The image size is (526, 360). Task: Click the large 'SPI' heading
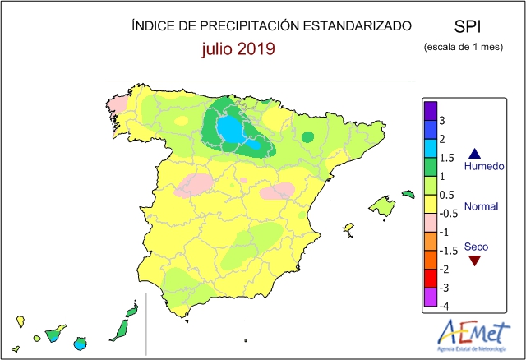[468, 26]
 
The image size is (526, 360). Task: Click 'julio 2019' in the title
[238, 48]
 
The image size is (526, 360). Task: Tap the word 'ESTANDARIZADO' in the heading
[358, 26]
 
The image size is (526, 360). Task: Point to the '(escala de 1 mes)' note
[464, 47]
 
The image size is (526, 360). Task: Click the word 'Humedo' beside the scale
[484, 166]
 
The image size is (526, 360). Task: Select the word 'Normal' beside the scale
[481, 206]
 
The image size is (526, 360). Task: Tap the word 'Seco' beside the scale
[476, 247]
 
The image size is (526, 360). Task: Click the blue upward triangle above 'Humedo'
[475, 154]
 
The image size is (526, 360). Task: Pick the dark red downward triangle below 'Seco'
[475, 261]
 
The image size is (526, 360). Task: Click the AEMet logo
[473, 335]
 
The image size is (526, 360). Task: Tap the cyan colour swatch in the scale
[431, 149]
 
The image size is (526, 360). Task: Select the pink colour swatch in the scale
[431, 223]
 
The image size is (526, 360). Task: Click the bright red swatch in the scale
[431, 279]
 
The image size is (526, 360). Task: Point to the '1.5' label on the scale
[447, 158]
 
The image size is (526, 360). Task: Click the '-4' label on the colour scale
[444, 307]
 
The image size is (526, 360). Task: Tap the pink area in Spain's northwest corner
[116, 105]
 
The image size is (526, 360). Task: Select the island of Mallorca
[382, 205]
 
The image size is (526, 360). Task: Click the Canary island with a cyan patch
[80, 344]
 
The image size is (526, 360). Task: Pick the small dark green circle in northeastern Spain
[307, 137]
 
